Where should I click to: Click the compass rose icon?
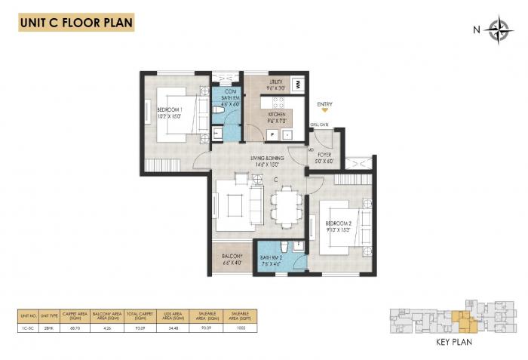click(498, 30)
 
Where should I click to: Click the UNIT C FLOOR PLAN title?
click(76, 23)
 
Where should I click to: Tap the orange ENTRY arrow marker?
click(325, 112)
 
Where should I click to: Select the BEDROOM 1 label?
click(169, 113)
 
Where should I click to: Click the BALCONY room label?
click(232, 260)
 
